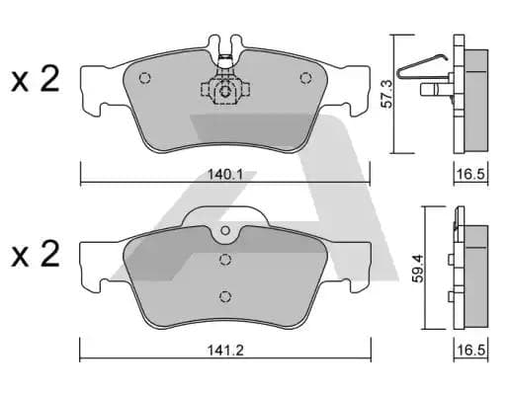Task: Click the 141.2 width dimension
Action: click(x=226, y=349)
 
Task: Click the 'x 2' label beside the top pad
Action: click(x=36, y=81)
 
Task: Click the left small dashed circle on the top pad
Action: click(x=144, y=79)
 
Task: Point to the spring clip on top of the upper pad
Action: click(x=225, y=49)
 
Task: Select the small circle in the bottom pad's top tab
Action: click(x=225, y=233)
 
